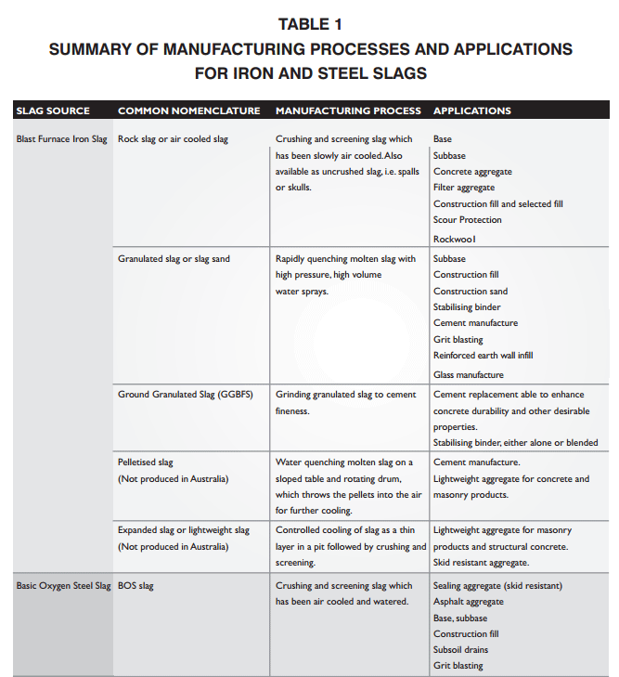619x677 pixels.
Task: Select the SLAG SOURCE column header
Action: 53,111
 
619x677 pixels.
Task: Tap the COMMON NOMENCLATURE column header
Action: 188,111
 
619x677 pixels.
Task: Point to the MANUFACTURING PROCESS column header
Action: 348,111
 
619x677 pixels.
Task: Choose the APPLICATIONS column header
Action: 471,111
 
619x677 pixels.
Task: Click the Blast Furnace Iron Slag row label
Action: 62,139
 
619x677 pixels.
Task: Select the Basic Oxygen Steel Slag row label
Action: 63,586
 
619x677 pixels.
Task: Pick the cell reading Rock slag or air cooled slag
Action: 173,139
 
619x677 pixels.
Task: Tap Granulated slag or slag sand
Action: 174,259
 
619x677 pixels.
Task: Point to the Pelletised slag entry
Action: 146,462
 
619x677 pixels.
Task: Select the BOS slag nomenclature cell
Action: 135,586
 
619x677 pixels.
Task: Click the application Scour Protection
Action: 467,220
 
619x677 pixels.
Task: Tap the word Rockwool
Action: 455,239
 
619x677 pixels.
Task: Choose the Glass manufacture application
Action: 469,374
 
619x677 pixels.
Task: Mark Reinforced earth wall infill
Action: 483,355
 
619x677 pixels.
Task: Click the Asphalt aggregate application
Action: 469,602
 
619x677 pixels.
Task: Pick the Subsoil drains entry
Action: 460,649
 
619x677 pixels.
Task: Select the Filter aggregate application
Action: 464,188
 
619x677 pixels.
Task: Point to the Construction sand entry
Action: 471,291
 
